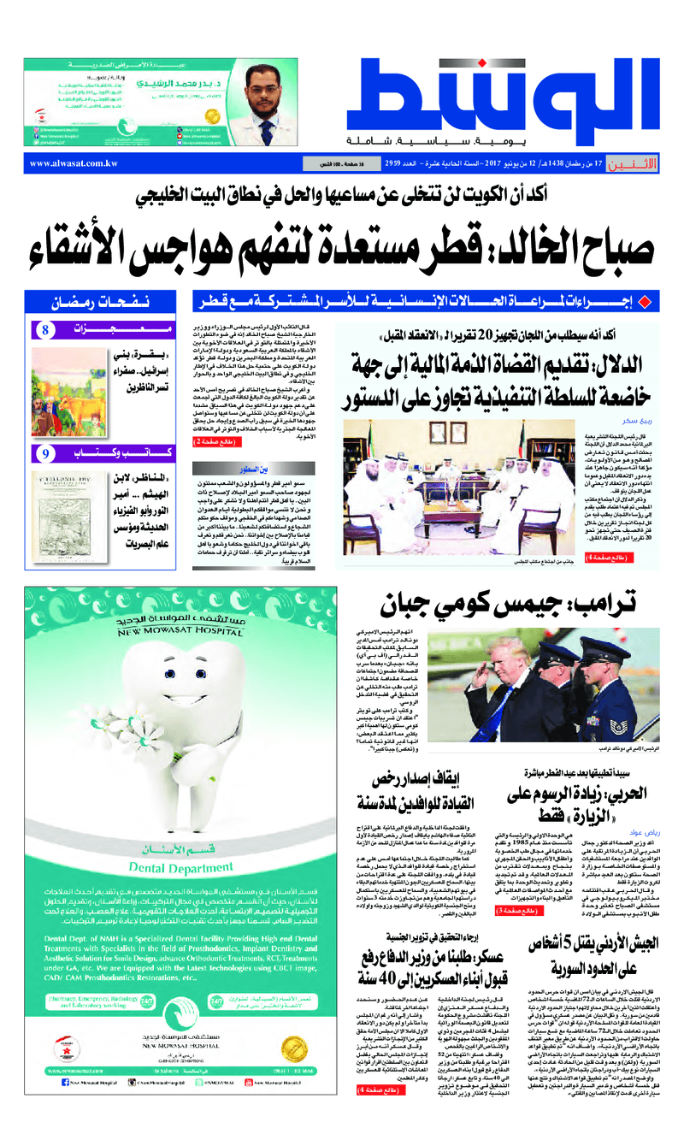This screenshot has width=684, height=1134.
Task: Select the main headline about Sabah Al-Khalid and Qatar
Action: coord(342,245)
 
